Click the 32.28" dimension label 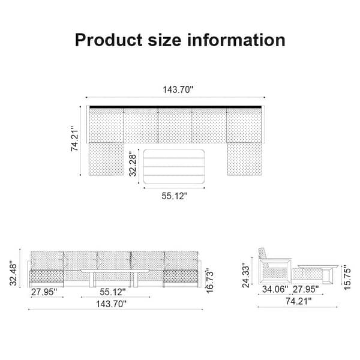pos(134,163)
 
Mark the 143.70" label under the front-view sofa pos(110,304)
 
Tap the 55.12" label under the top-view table pos(174,195)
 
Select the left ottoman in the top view pos(106,159)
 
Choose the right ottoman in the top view pos(245,159)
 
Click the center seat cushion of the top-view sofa pos(175,127)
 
